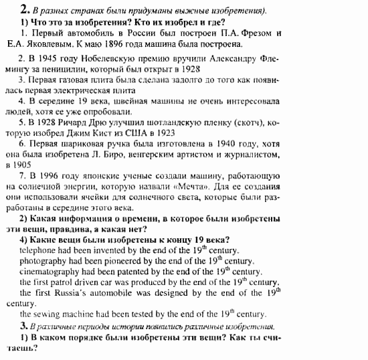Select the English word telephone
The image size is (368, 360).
(37, 251)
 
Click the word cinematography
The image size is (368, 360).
(51, 272)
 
